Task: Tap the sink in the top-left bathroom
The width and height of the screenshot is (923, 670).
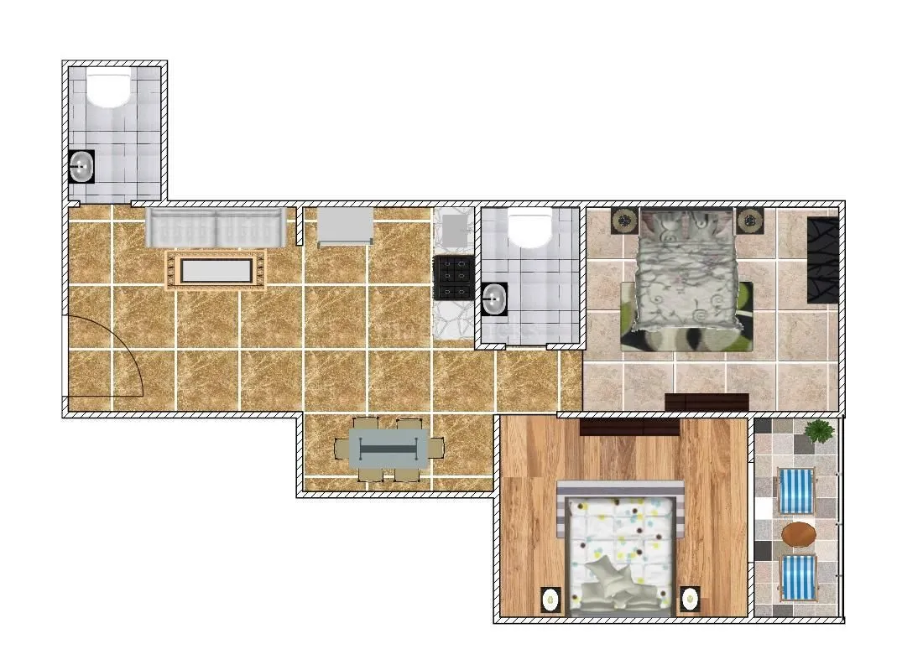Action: [x=81, y=166]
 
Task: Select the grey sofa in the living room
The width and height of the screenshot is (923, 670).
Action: [x=216, y=227]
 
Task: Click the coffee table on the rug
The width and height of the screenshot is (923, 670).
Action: [x=216, y=270]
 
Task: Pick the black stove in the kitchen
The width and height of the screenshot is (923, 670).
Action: [x=454, y=278]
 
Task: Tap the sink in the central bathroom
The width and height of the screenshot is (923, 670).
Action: [x=495, y=299]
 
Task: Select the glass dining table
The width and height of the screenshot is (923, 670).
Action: [x=388, y=449]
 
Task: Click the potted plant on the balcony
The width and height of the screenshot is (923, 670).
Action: [x=817, y=433]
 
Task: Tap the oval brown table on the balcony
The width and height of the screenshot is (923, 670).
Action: [x=798, y=534]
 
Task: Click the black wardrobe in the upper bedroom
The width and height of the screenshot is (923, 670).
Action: [x=822, y=260]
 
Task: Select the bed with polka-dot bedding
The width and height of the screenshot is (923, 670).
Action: [x=621, y=549]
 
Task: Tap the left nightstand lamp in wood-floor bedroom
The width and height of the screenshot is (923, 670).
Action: [x=550, y=600]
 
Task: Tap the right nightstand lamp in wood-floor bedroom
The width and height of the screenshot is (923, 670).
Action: [x=690, y=599]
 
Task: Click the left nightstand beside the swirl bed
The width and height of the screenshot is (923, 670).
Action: [x=624, y=221]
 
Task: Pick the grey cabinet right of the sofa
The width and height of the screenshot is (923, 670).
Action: [x=345, y=226]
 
